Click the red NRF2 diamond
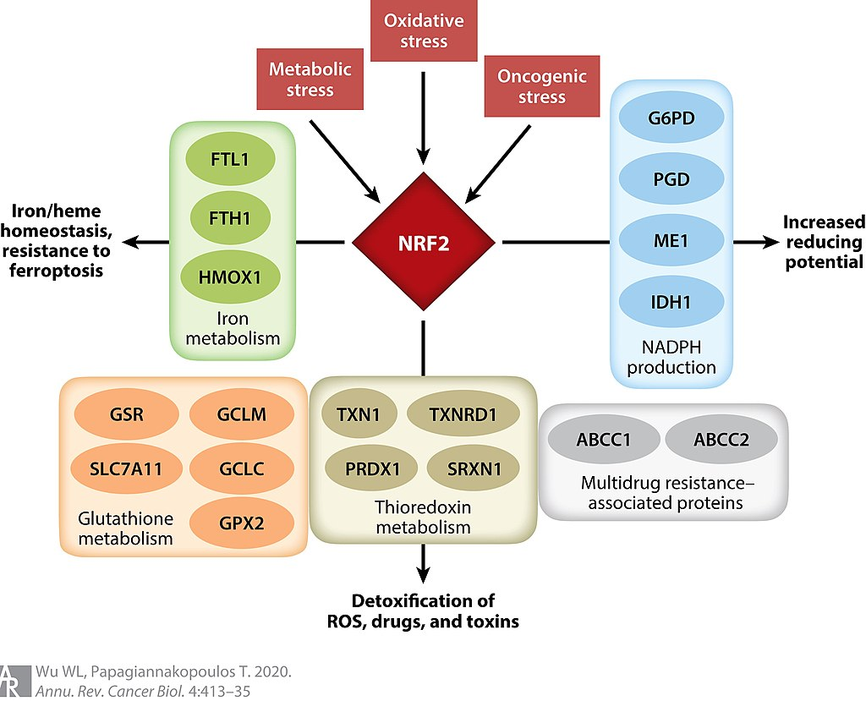[423, 243]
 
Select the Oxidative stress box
[424, 30]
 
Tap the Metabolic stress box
[310, 79]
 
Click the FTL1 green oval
[229, 158]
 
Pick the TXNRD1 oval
[463, 415]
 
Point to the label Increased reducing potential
[823, 242]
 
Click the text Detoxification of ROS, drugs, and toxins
[423, 611]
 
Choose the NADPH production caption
[671, 359]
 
